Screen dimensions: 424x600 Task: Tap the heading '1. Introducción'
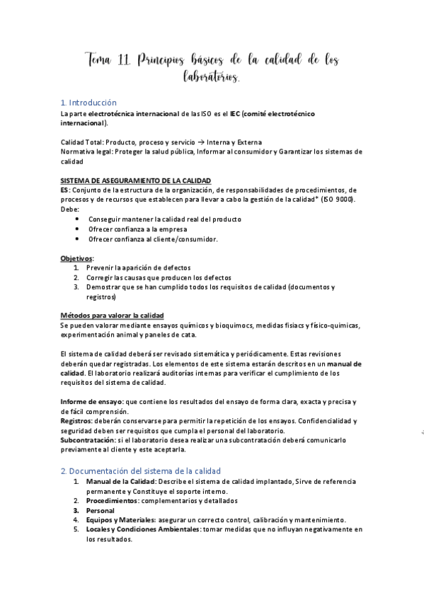pyautogui.click(x=88, y=103)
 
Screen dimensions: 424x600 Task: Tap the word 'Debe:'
pyautogui.click(x=69, y=210)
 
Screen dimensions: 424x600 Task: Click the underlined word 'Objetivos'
pyautogui.click(x=76, y=258)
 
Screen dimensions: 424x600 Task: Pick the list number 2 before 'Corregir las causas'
pyautogui.click(x=76, y=278)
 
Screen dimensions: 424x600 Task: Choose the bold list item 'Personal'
pyautogui.click(x=100, y=509)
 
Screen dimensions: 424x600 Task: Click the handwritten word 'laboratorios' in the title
pyautogui.click(x=210, y=76)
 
